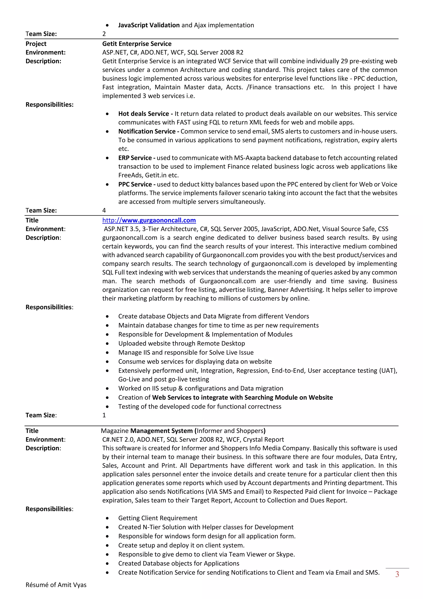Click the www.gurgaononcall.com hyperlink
point(149,220)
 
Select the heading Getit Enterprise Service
point(137,44)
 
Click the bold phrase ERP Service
point(135,158)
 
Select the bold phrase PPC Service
point(135,184)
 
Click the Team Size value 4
point(104,210)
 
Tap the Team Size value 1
point(104,415)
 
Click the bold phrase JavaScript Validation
point(149,25)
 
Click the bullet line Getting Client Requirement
point(158,518)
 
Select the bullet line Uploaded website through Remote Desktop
point(182,343)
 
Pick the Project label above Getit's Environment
point(36,44)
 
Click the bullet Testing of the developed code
point(200,406)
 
